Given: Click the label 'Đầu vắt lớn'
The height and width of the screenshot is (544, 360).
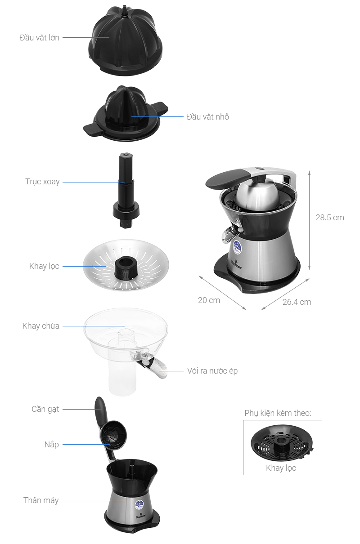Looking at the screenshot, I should [39, 38].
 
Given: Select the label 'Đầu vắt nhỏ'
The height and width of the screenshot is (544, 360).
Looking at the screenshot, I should [208, 117].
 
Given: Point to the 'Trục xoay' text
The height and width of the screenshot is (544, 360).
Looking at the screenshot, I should [42, 182].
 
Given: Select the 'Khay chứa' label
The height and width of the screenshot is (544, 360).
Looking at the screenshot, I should [41, 326].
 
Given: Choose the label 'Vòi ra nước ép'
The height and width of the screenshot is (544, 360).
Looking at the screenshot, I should [212, 371].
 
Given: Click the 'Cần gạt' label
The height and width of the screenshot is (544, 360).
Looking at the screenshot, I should [45, 409].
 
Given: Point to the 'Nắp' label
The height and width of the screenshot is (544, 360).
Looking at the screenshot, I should [51, 445].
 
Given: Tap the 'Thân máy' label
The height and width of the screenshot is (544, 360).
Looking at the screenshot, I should [41, 500].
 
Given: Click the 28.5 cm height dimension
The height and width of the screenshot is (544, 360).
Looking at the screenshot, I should [329, 218].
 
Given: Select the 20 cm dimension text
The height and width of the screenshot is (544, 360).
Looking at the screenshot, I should [209, 300].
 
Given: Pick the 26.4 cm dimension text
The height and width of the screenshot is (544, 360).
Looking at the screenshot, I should [297, 302].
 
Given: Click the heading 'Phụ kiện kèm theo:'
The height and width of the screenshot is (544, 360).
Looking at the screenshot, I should [278, 413].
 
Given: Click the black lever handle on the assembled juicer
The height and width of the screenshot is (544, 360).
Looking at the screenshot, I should [227, 177].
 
